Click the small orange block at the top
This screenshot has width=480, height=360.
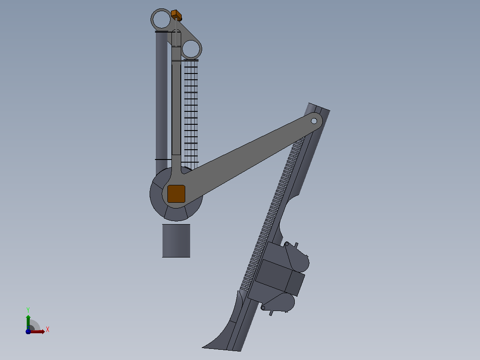pyautogui.click(x=176, y=15)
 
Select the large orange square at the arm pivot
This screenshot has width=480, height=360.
pyautogui.click(x=176, y=194)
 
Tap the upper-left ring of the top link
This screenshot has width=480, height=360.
pyautogui.click(x=152, y=19)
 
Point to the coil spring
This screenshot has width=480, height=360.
pyautogui.click(x=191, y=113)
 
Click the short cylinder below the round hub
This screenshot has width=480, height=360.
pyautogui.click(x=176, y=241)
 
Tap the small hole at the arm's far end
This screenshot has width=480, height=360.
pyautogui.click(x=314, y=121)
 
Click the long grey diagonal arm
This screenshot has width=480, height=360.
pyautogui.click(x=245, y=160)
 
